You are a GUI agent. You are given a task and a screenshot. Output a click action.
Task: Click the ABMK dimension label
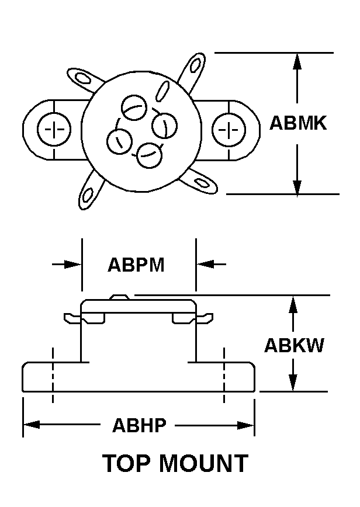(x=298, y=123)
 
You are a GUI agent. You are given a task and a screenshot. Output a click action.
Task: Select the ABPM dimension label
(x=136, y=265)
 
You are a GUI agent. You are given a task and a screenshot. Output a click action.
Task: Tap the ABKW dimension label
(x=293, y=345)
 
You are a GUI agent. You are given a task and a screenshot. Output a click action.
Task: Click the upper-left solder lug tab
(x=80, y=77)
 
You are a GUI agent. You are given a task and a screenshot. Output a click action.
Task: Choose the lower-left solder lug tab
(x=90, y=192)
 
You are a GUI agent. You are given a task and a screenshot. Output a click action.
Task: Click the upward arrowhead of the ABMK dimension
(x=298, y=61)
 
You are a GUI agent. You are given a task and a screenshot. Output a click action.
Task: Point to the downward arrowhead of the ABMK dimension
(x=298, y=186)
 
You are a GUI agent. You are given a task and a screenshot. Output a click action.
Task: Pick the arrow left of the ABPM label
(x=72, y=265)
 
